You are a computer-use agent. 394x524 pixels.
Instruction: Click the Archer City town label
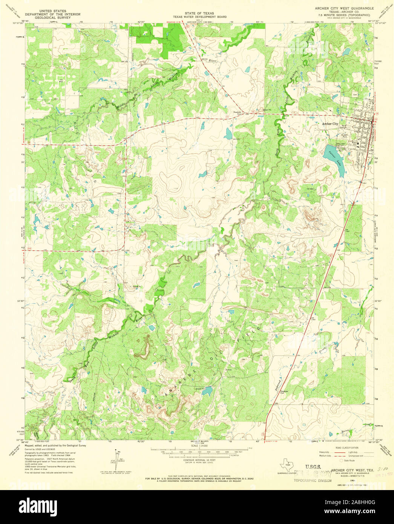(330, 124)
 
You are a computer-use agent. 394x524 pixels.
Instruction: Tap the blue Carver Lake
(334, 159)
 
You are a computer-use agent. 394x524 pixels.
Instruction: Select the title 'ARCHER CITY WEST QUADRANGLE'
(344, 8)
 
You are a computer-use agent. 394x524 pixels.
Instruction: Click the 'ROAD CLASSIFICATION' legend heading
(345, 447)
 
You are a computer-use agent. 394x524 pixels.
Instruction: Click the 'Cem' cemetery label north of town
(354, 95)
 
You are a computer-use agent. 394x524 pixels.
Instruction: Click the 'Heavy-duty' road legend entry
(325, 452)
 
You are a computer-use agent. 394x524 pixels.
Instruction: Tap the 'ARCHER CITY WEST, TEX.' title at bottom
(352, 470)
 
